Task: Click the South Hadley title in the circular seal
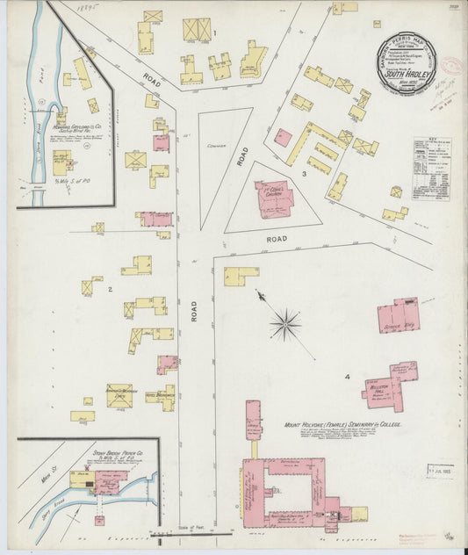click(404, 76)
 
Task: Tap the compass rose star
click(285, 326)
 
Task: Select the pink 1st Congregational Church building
click(274, 199)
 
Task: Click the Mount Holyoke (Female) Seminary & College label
click(342, 424)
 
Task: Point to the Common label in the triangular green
click(211, 147)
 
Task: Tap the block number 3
click(304, 174)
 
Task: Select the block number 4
click(348, 377)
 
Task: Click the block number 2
click(110, 288)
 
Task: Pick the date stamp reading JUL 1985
click(432, 469)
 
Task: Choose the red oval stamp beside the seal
click(450, 68)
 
